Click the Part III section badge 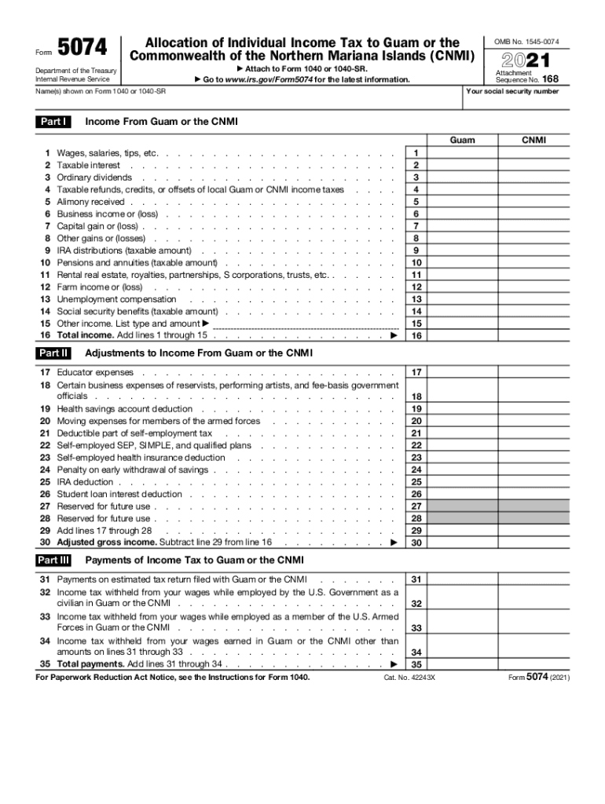coord(53,560)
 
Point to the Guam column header coord(462,141)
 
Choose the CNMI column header coord(533,141)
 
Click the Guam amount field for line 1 coord(462,153)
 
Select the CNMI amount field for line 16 coord(533,335)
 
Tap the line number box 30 coord(416,543)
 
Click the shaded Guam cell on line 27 coord(462,506)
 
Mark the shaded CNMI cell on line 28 coord(533,518)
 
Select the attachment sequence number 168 coord(550,79)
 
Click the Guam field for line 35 coord(462,663)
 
